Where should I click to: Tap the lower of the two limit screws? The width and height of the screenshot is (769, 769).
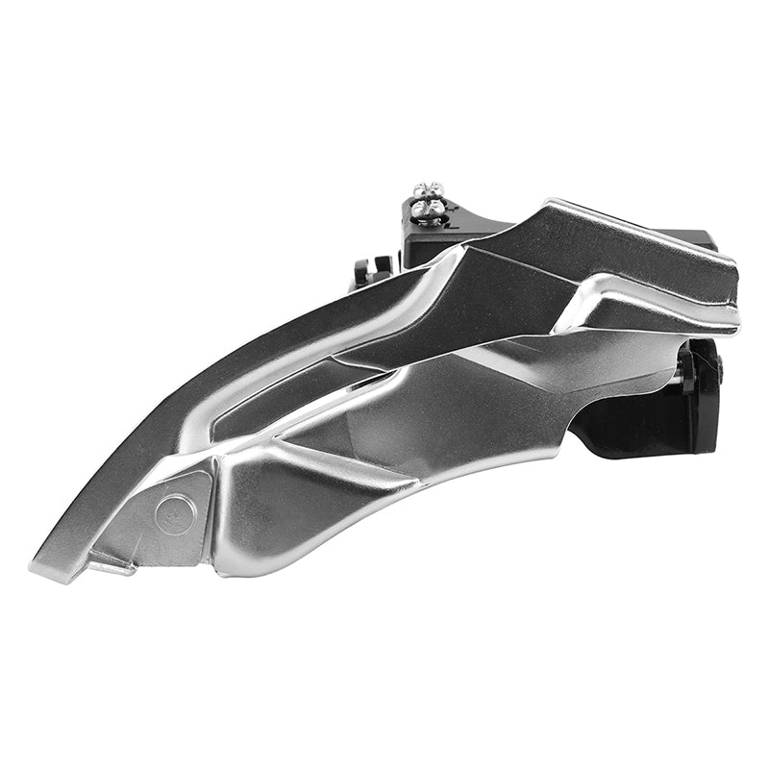pos(429,209)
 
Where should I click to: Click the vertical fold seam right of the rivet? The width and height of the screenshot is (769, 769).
pos(216,519)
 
